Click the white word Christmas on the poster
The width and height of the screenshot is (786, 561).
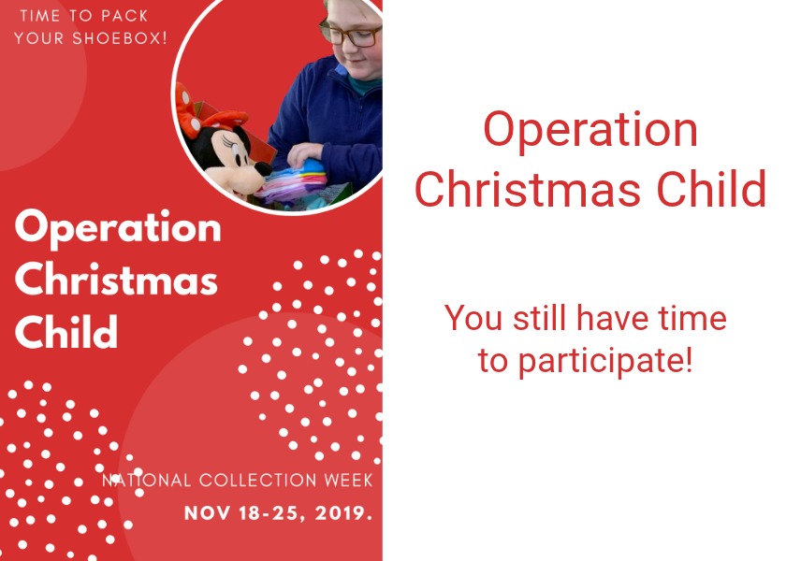(x=116, y=280)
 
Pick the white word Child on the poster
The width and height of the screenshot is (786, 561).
(x=66, y=331)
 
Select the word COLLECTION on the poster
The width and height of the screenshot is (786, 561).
(x=264, y=481)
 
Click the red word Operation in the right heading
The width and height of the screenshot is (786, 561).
(x=590, y=131)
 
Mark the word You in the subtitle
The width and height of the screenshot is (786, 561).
(x=473, y=319)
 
